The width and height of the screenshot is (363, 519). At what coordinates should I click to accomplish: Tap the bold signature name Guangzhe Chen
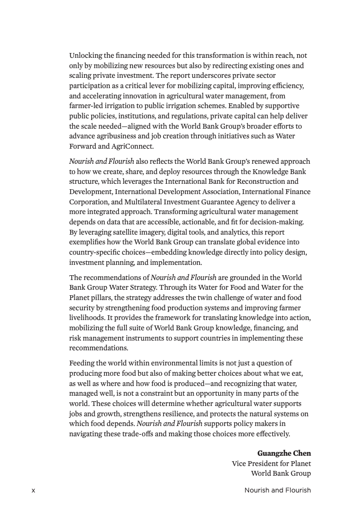pyautogui.click(x=284, y=453)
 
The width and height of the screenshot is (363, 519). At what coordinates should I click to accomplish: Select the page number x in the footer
pyautogui.click(x=33, y=490)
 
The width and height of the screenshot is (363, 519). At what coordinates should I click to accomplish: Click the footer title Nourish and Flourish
pyautogui.click(x=278, y=490)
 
